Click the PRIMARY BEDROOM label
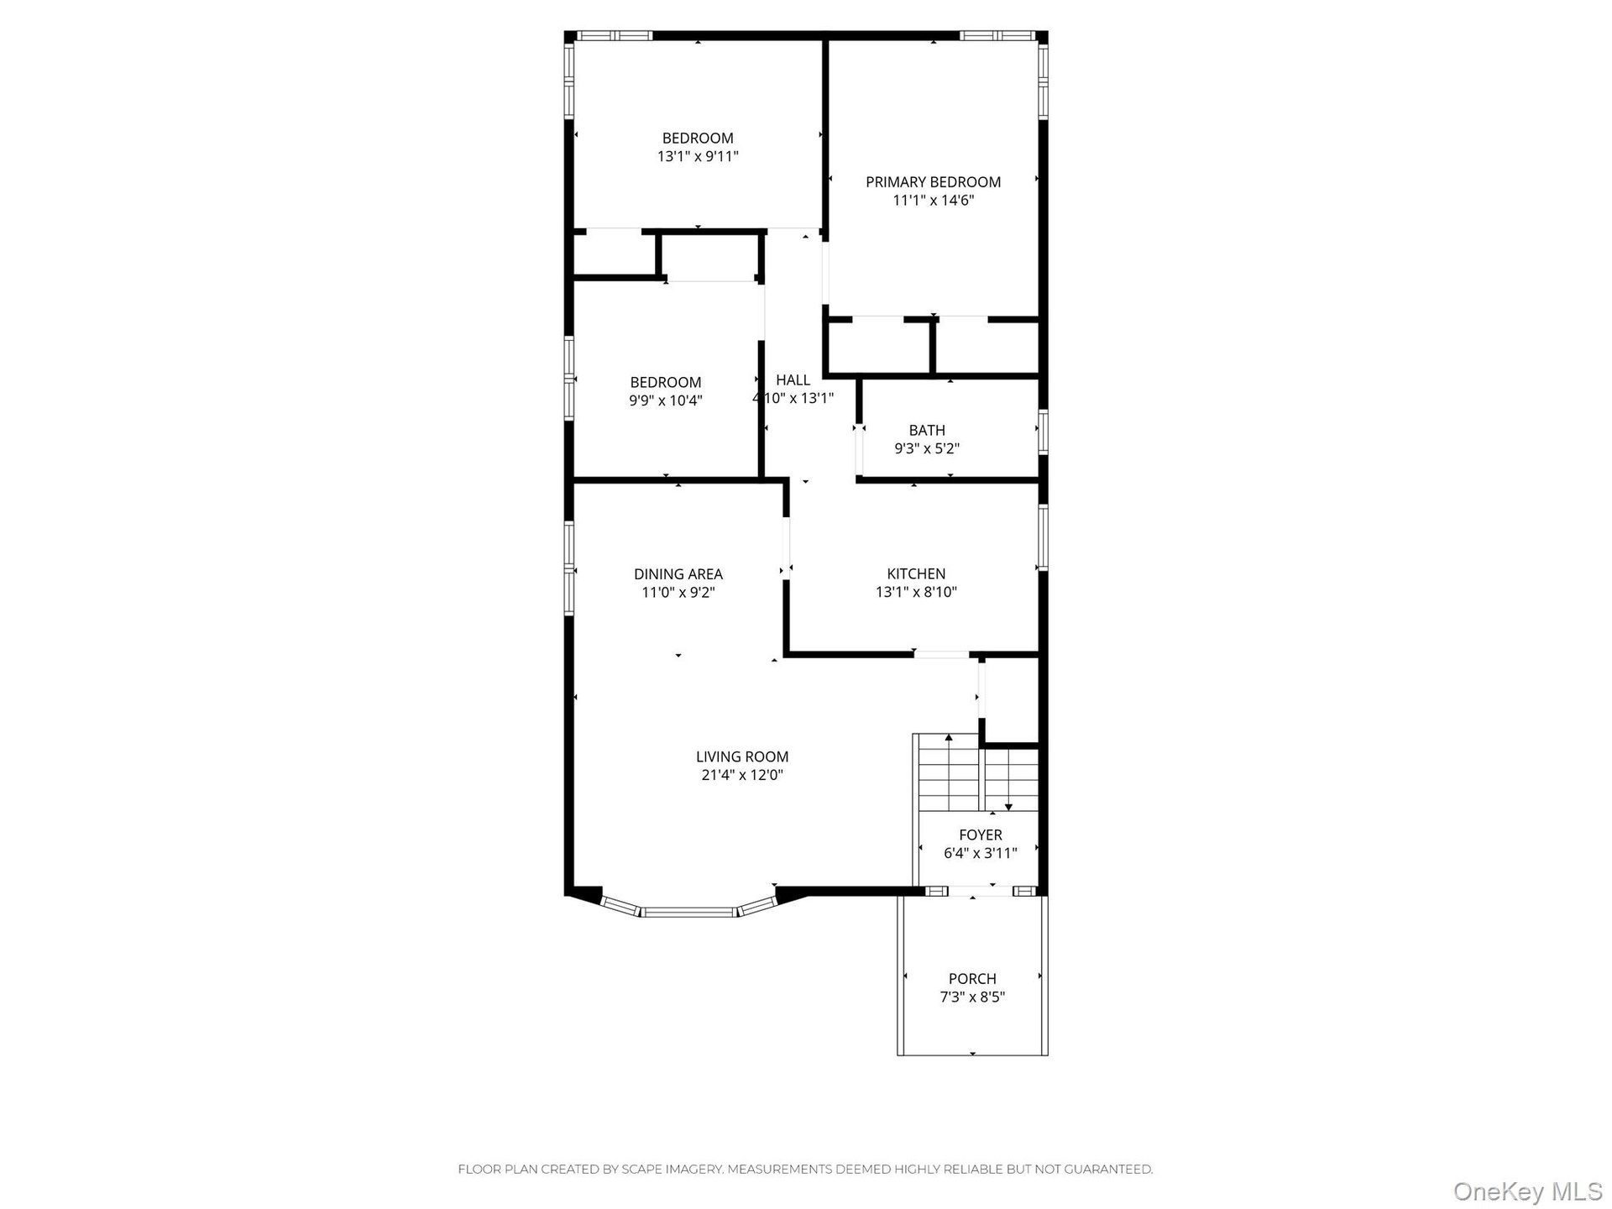tap(933, 182)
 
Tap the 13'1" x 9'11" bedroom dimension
tap(698, 156)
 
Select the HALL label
tap(793, 380)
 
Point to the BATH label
tap(927, 431)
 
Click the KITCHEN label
tap(916, 574)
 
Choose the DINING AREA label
tap(678, 574)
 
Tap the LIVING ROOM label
tap(742, 757)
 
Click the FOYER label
tap(981, 835)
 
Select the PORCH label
tap(972, 979)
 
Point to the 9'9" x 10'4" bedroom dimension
tap(666, 400)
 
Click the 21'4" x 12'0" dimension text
tap(742, 776)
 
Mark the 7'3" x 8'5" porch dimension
tap(972, 997)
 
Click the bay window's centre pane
tap(689, 912)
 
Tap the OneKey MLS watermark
tap(1528, 1191)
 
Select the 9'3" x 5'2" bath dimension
tap(927, 449)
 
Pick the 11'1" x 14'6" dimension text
tap(933, 201)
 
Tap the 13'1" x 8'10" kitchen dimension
tap(916, 593)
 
